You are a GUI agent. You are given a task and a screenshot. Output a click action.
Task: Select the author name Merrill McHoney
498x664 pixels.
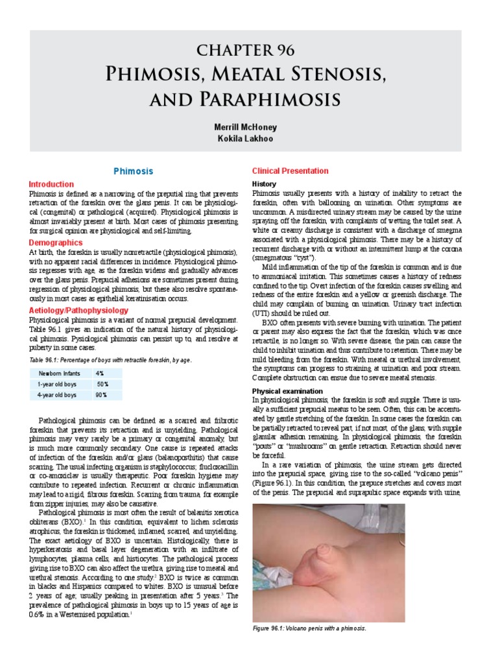click(250, 128)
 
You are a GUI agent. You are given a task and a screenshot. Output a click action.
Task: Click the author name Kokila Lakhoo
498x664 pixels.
click(250, 139)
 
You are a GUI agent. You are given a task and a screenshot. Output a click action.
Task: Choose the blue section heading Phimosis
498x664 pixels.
click(133, 171)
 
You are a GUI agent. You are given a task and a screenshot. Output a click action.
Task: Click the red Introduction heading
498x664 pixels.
click(52, 184)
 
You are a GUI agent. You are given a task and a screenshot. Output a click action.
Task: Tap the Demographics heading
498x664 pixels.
click(56, 241)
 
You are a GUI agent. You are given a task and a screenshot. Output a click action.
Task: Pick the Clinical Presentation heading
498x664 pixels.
click(290, 171)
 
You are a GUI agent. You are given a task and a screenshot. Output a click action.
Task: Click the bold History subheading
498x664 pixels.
click(264, 184)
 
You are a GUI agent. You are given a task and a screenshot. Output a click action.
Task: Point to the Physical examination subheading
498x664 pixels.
click(287, 391)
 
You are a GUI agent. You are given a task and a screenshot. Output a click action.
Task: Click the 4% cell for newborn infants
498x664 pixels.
click(99, 373)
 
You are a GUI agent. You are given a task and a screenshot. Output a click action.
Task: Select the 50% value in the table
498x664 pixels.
click(102, 384)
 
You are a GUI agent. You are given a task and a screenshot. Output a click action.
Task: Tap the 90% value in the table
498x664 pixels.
click(102, 394)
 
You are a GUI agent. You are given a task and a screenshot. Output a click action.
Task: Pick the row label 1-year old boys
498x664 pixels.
click(57, 384)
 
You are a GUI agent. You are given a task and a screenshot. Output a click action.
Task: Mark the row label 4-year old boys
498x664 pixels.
click(57, 394)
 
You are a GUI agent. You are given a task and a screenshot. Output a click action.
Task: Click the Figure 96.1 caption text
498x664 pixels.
click(309, 628)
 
